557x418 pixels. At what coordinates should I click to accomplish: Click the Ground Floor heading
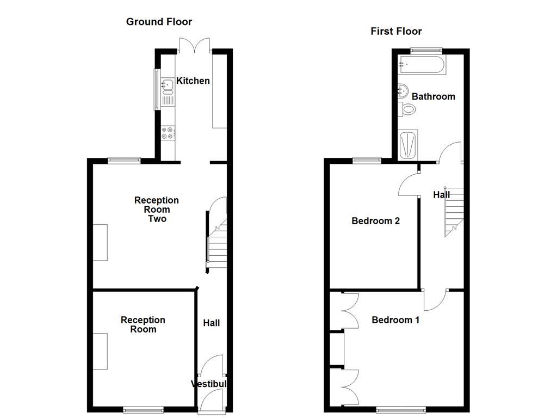coord(159,22)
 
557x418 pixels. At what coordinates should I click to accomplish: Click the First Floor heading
coord(396,31)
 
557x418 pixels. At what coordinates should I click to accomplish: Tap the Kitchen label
coord(193,81)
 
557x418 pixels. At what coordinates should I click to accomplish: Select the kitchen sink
coord(168,84)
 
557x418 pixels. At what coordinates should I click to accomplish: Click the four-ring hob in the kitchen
coord(168,133)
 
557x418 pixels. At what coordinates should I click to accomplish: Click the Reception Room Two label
coord(157,210)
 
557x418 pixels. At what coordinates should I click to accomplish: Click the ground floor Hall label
coord(211,323)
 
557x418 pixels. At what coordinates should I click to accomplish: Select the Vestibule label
coord(209,384)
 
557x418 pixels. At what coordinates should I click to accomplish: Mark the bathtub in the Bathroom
coord(422,65)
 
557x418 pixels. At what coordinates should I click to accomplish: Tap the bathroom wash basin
coord(404,90)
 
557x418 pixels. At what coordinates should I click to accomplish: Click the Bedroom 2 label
coord(375,221)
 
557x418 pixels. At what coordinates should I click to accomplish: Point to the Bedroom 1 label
coord(395,320)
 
